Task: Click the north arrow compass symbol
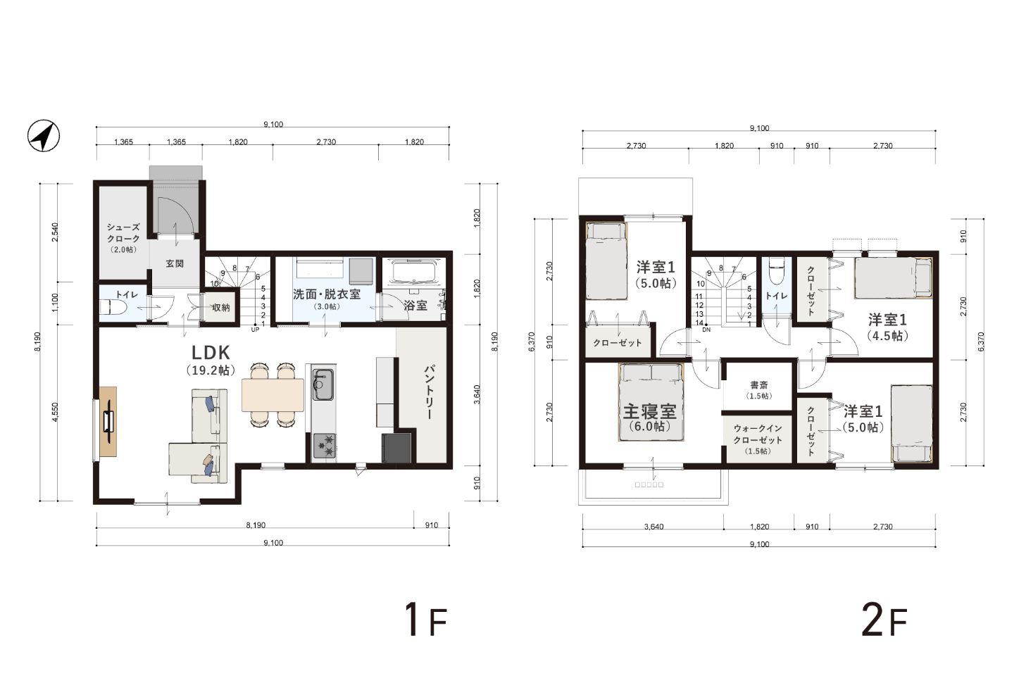click(44, 135)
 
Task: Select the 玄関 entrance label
click(175, 263)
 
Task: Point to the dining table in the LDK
click(273, 395)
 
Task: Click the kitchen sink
click(323, 384)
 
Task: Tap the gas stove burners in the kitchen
click(324, 446)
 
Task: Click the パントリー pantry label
click(429, 392)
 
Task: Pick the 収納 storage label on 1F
click(221, 308)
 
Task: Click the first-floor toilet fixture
click(108, 308)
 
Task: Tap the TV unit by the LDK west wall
click(108, 422)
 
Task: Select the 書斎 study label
click(759, 385)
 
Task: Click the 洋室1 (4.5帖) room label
click(887, 327)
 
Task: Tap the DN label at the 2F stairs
click(707, 330)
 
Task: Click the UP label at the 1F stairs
click(256, 330)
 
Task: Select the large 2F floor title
click(884, 620)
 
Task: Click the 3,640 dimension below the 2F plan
click(653, 527)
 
